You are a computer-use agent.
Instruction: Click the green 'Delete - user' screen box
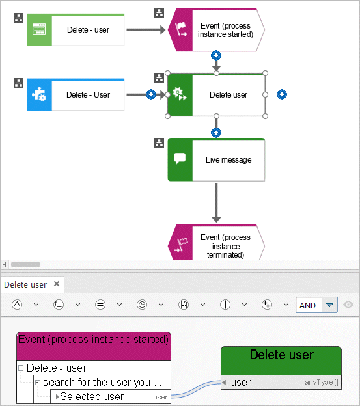(76, 30)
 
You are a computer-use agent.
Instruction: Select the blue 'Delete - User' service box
(76, 95)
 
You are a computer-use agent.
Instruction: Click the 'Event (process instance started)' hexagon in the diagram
(216, 30)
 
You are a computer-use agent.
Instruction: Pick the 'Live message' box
(216, 160)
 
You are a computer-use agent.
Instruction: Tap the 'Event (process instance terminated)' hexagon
(216, 242)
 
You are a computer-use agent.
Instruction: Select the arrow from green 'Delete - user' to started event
(146, 30)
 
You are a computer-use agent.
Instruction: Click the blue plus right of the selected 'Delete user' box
(282, 94)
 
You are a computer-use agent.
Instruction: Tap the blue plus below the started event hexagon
(216, 55)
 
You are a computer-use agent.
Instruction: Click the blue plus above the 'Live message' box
(216, 133)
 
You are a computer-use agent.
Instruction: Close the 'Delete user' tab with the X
(57, 284)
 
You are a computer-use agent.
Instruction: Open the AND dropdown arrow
(329, 305)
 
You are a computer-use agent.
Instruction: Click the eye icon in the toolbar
(348, 304)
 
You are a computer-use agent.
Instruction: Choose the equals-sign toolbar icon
(100, 304)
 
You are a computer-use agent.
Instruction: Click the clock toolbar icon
(142, 304)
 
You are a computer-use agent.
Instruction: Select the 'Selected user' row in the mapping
(111, 396)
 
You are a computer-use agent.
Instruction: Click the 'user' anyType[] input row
(281, 382)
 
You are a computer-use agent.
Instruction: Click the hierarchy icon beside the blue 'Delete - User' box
(18, 83)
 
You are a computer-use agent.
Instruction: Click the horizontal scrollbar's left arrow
(5, 265)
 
